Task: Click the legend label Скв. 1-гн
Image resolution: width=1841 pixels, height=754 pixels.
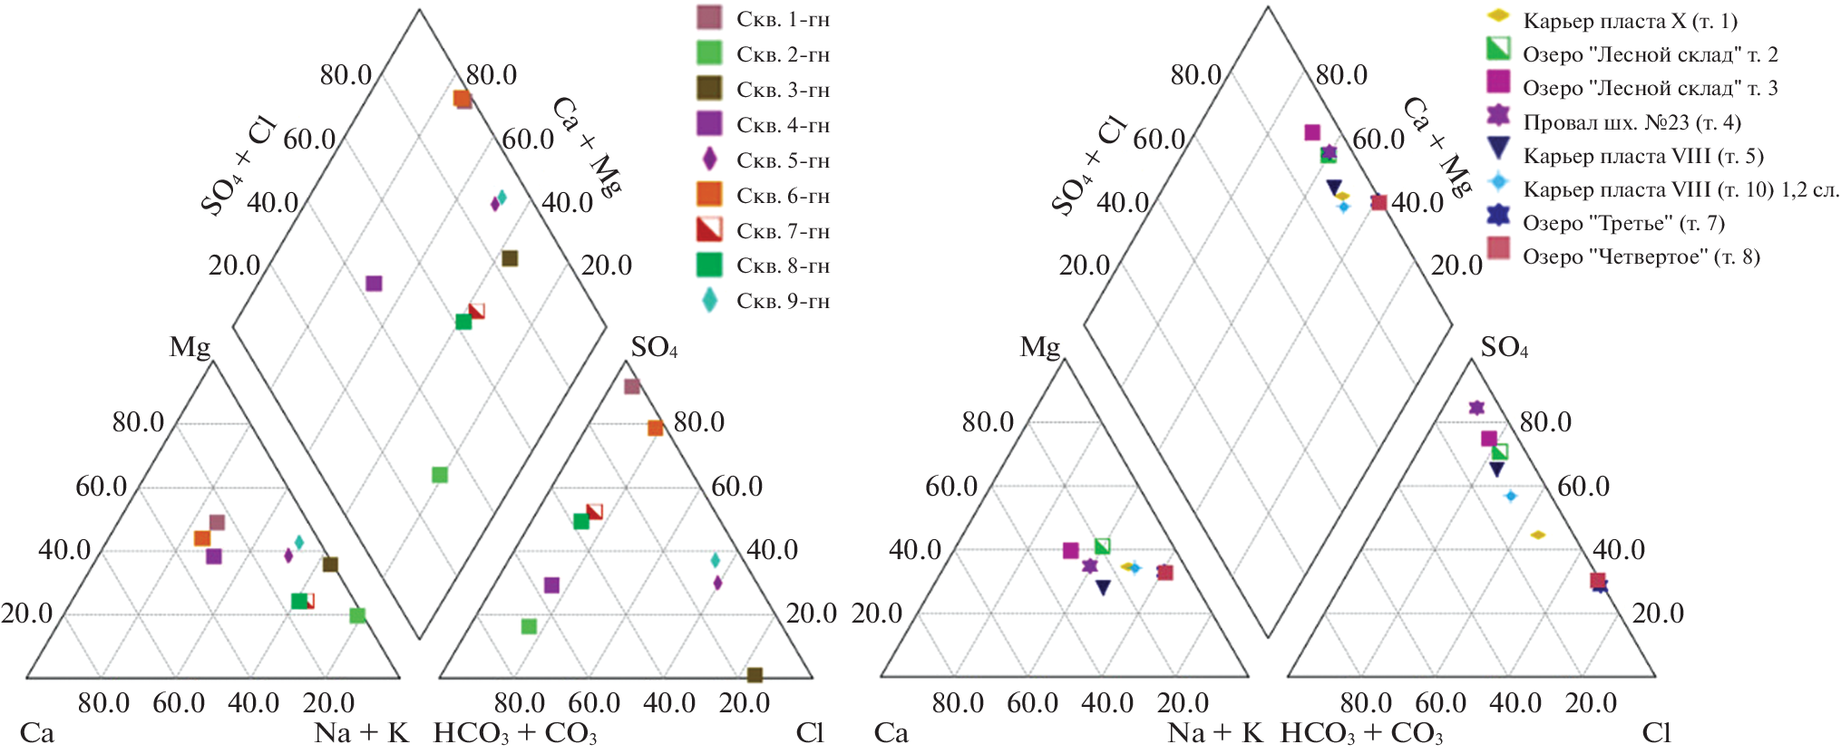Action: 783,19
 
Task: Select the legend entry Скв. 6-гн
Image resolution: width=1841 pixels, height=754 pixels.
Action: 783,196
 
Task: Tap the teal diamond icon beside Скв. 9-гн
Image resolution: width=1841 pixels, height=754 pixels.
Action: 709,301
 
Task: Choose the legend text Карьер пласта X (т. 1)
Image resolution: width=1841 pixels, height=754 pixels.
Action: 1630,21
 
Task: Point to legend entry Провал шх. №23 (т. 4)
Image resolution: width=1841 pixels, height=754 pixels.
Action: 1632,122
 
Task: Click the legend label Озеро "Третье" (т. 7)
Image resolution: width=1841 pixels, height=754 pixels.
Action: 1623,223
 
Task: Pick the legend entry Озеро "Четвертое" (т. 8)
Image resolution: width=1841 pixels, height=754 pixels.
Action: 1641,256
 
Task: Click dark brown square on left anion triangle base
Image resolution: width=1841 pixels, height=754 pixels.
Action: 755,674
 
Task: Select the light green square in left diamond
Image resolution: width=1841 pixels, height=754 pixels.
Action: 440,475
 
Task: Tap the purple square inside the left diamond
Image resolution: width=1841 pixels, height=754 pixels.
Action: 374,284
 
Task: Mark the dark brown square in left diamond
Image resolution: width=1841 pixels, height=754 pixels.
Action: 510,258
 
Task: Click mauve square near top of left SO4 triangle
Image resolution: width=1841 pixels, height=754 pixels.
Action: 632,387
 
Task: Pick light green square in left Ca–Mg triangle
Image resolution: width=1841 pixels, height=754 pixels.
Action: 357,616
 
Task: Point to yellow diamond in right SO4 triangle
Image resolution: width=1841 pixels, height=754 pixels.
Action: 1537,535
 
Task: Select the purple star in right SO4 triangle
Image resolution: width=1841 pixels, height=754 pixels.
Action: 1476,408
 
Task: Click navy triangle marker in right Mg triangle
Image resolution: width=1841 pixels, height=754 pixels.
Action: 1103,587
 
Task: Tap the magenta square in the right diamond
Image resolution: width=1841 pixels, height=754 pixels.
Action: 1312,133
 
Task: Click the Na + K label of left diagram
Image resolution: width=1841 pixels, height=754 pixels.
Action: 361,732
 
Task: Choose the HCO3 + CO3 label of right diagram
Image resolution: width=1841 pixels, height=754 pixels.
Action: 1361,732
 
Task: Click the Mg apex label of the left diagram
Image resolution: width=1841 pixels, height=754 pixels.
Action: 190,347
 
